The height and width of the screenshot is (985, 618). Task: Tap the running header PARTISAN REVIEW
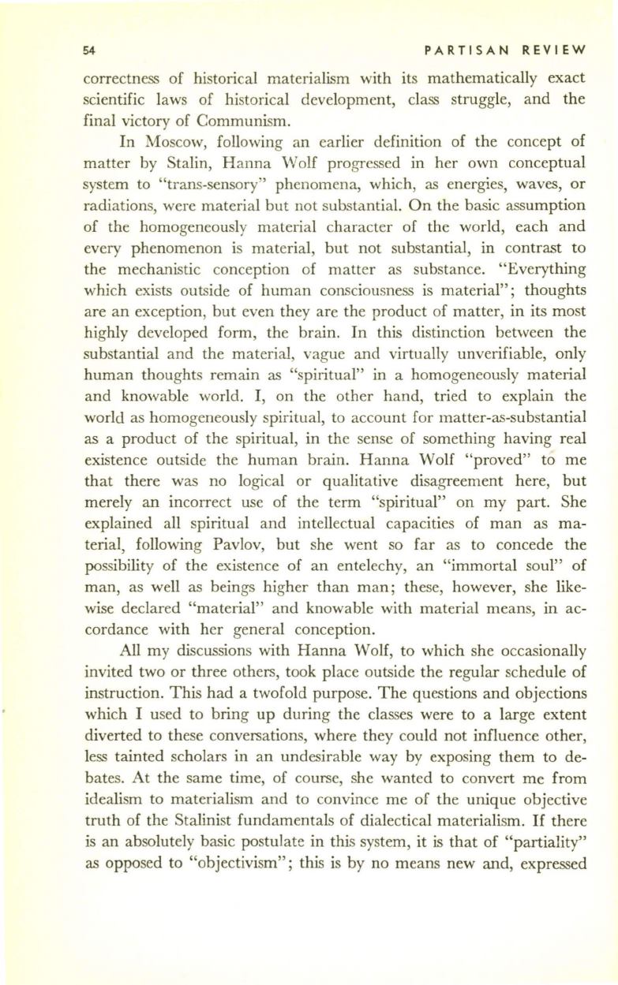tap(504, 50)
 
